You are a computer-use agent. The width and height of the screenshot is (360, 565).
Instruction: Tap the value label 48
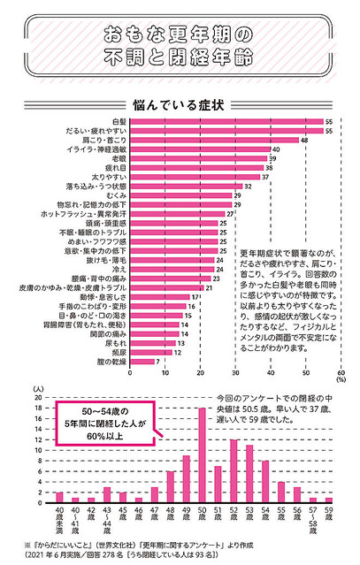[305, 140]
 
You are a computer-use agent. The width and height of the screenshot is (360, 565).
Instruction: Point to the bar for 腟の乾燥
[138, 361]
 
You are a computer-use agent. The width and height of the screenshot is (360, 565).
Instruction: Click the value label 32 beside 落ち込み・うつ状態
[249, 187]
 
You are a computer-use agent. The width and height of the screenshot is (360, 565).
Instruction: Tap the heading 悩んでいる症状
[180, 103]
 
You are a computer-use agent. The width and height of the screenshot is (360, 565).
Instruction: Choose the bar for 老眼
[199, 158]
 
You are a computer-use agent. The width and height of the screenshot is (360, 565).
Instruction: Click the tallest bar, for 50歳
[203, 454]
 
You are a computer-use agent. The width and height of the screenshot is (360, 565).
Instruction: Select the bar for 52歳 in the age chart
[234, 470]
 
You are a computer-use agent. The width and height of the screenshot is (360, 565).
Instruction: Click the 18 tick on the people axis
[38, 408]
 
